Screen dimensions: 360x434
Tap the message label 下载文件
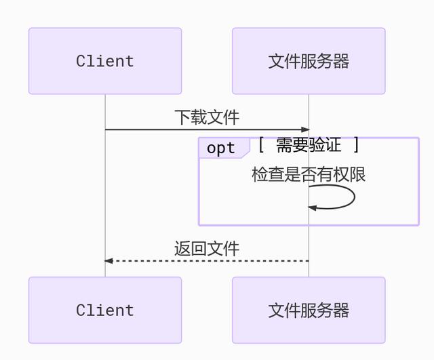click(207, 117)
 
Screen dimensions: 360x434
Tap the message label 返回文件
click(207, 249)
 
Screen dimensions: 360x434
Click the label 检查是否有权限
click(309, 174)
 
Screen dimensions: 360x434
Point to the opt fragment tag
click(221, 148)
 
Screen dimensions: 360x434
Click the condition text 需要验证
click(309, 145)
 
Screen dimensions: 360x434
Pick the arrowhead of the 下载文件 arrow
click(305, 129)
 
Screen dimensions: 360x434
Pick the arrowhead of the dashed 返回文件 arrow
click(108, 260)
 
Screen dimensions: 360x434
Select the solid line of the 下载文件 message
click(203, 129)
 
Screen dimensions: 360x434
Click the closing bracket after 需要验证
click(356, 145)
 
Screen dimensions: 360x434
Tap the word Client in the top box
click(105, 61)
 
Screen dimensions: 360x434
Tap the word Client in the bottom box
click(105, 311)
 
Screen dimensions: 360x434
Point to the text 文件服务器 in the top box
click(309, 61)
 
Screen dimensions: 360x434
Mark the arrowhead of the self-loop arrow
click(313, 207)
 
